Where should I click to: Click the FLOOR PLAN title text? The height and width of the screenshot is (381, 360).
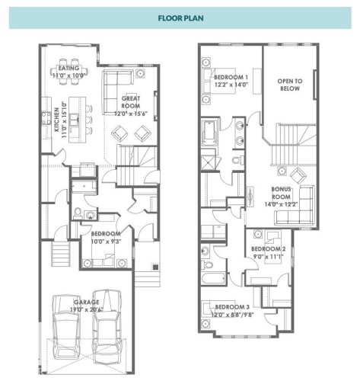[x=180, y=16]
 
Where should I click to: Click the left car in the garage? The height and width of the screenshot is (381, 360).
[x=67, y=326]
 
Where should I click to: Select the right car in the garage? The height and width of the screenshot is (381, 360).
[x=108, y=326]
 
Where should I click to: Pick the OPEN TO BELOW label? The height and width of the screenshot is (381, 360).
[x=289, y=84]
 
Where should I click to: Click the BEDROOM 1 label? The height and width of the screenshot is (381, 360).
[x=230, y=78]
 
